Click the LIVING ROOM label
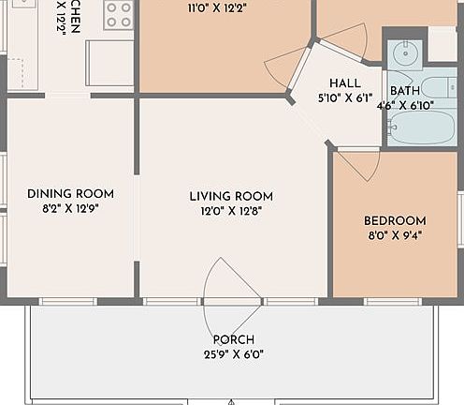coord(231,196)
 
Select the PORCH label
coord(233,339)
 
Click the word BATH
coord(405,91)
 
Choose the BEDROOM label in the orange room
coord(394,221)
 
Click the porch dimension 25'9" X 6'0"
coord(233,354)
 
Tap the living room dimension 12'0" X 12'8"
coord(231,211)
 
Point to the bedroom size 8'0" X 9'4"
coord(394,236)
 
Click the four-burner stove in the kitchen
coord(119,14)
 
